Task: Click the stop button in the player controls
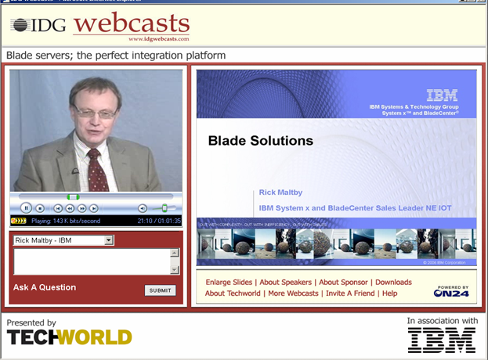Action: [x=41, y=208]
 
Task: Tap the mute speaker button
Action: [x=143, y=208]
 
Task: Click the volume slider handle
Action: [x=164, y=208]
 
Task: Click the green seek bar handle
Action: [x=73, y=196]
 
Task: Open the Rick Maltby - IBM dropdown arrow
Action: [x=110, y=240]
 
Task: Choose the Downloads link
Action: [x=393, y=283]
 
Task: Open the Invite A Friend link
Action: [x=350, y=293]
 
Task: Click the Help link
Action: [x=389, y=293]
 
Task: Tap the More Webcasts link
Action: [x=293, y=293]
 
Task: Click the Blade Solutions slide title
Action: [x=261, y=142]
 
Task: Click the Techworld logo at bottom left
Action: [x=69, y=337]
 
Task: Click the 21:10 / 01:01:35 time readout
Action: [x=159, y=221]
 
